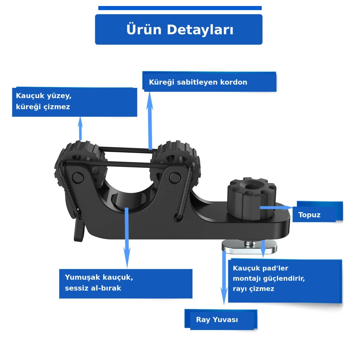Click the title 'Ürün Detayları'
click(x=180, y=30)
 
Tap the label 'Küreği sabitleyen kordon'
click(x=198, y=82)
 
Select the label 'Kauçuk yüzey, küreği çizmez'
click(x=44, y=101)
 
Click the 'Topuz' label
click(x=309, y=215)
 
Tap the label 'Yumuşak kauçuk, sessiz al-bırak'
click(x=99, y=283)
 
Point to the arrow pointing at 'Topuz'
click(x=276, y=208)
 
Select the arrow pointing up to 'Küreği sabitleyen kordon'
click(x=150, y=121)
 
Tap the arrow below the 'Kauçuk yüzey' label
click(x=80, y=128)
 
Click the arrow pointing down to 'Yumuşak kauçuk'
click(x=127, y=238)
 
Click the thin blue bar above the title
click(x=180, y=8)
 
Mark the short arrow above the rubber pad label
click(x=263, y=249)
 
